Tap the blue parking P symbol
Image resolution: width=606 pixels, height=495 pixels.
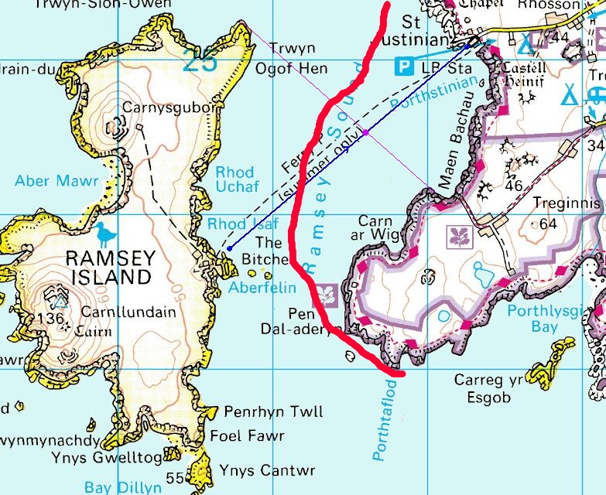click(404, 67)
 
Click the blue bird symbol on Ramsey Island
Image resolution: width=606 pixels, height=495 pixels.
click(104, 232)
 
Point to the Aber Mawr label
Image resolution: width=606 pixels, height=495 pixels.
click(57, 181)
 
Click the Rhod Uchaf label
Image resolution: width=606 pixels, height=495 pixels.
click(235, 179)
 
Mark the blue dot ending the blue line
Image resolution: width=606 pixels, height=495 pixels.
click(230, 248)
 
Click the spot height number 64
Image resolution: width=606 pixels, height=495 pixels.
click(549, 224)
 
